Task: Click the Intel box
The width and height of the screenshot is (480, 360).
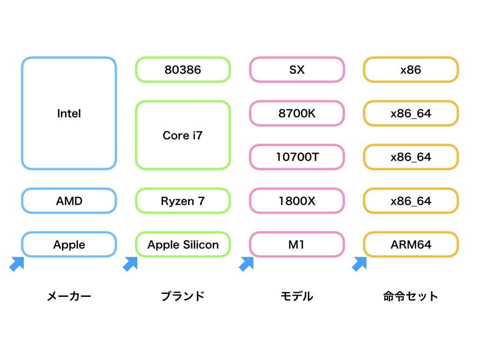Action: pyautogui.click(x=69, y=113)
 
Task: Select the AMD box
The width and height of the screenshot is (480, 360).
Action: pyautogui.click(x=69, y=201)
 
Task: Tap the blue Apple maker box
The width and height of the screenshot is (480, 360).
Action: pyautogui.click(x=69, y=245)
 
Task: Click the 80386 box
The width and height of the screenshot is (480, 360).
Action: pyautogui.click(x=183, y=70)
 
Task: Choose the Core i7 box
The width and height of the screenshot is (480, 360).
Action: pyautogui.click(x=183, y=135)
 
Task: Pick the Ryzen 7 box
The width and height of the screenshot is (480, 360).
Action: pyautogui.click(x=183, y=201)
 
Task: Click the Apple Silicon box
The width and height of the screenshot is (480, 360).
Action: pyautogui.click(x=183, y=245)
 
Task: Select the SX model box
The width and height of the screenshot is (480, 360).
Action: pyautogui.click(x=297, y=70)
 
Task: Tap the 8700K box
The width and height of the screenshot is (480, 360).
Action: pyautogui.click(x=297, y=113)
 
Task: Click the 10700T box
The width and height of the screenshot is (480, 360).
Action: pyautogui.click(x=297, y=157)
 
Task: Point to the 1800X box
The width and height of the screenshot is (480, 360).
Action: pyautogui.click(x=297, y=201)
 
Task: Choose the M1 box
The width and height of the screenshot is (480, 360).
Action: pyautogui.click(x=297, y=245)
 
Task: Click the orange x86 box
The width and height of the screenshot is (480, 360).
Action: pyautogui.click(x=411, y=70)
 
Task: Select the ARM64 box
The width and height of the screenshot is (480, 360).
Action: pyautogui.click(x=411, y=245)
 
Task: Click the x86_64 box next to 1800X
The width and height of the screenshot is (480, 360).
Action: pyautogui.click(x=411, y=201)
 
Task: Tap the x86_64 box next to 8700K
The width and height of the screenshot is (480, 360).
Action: pyautogui.click(x=411, y=113)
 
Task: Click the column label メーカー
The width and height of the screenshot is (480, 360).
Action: pyautogui.click(x=69, y=296)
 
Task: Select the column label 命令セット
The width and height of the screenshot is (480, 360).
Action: pyautogui.click(x=411, y=296)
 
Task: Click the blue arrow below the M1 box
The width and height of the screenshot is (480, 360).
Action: pyautogui.click(x=246, y=264)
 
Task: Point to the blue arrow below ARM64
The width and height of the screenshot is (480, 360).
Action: pyautogui.click(x=360, y=264)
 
